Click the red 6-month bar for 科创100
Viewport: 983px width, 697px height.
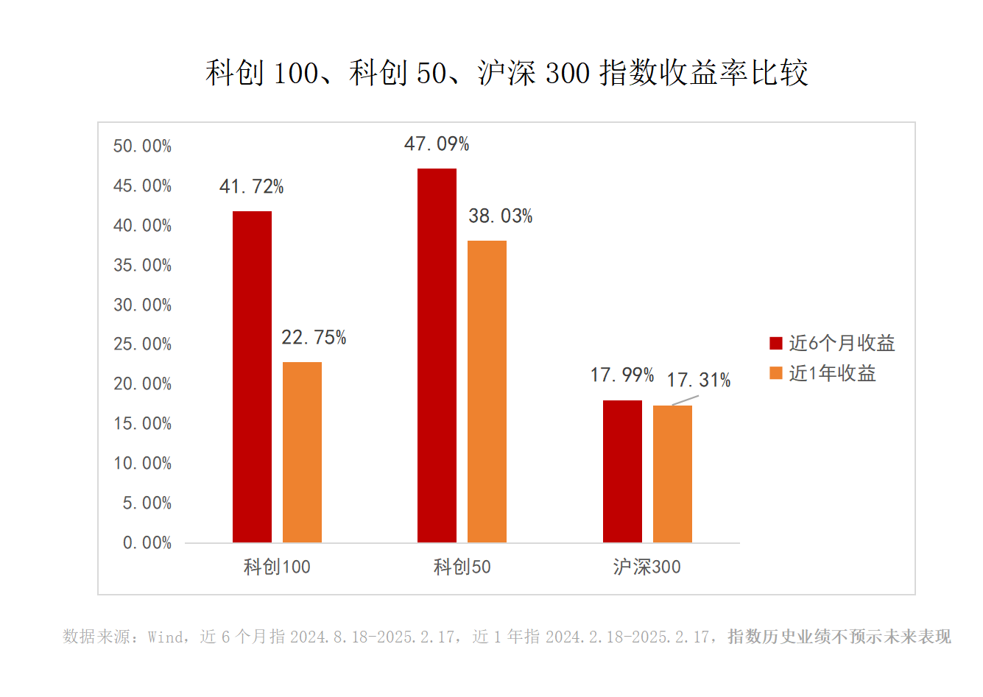click(252, 377)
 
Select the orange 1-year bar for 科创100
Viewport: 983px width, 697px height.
click(302, 452)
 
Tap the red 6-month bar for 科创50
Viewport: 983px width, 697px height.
click(437, 355)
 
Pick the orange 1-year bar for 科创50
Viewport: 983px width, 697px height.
click(487, 392)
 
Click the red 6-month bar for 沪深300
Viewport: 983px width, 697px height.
click(622, 471)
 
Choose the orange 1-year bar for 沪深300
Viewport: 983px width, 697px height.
click(672, 474)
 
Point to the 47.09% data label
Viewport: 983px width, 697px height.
click(437, 144)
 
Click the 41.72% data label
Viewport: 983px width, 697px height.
click(251, 187)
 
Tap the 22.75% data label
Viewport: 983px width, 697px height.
click(314, 338)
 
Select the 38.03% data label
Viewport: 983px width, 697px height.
click(501, 216)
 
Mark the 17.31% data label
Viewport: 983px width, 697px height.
click(699, 381)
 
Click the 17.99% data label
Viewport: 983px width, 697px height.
click(622, 375)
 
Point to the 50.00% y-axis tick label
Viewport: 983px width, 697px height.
click(142, 146)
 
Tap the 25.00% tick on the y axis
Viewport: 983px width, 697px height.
click(142, 344)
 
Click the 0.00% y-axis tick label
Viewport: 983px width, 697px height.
click(147, 543)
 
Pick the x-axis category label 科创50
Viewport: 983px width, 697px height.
click(462, 567)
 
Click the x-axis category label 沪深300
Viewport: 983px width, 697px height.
click(646, 567)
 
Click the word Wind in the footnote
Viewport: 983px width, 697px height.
click(165, 637)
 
